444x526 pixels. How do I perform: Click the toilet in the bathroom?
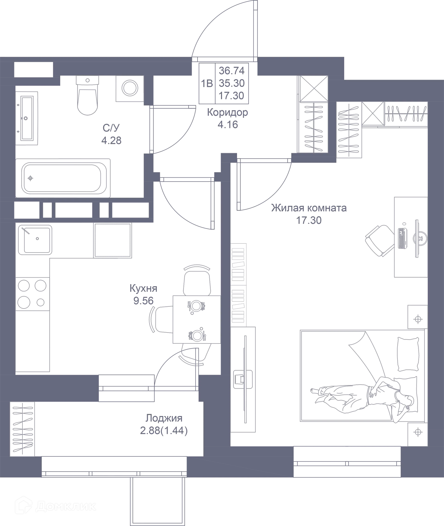[87, 95]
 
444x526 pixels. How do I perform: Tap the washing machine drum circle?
[130, 88]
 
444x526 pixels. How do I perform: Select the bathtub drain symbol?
[31, 178]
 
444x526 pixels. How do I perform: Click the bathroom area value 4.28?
[111, 140]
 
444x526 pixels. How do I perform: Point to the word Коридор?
[228, 113]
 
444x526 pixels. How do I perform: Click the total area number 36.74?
[231, 71]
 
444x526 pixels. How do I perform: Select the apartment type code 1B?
[207, 83]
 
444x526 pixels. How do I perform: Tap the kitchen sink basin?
[37, 240]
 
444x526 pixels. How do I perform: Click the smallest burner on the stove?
[40, 302]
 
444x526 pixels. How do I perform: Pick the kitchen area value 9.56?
[143, 301]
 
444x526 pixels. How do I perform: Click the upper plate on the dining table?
[196, 306]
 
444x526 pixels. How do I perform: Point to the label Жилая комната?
[309, 208]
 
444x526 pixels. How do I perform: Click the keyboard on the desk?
[402, 238]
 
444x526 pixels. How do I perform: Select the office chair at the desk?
[380, 241]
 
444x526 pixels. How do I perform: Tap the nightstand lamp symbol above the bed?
[418, 319]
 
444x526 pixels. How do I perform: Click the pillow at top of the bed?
[408, 354]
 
